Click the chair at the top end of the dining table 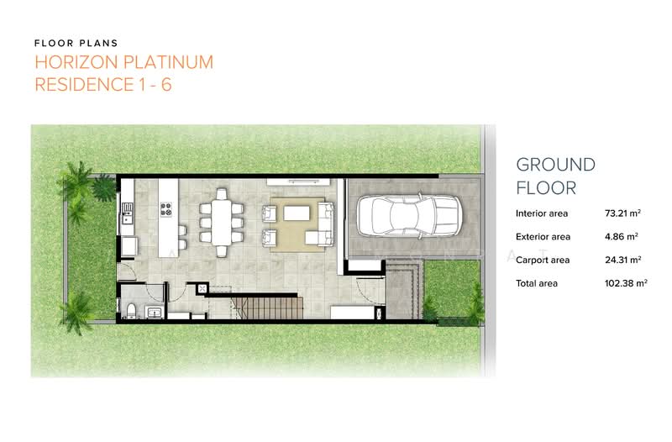click(x=220, y=194)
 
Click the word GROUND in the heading click(x=554, y=165)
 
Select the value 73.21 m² click(x=621, y=213)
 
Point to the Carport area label click(x=543, y=260)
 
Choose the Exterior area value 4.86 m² click(x=621, y=237)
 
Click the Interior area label click(x=543, y=213)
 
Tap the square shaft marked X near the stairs click(x=202, y=288)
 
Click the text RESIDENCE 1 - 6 click(x=102, y=86)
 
